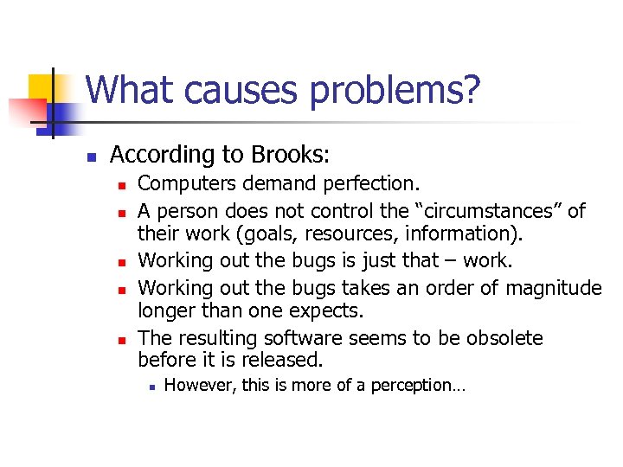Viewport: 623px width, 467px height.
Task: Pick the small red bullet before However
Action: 151,387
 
